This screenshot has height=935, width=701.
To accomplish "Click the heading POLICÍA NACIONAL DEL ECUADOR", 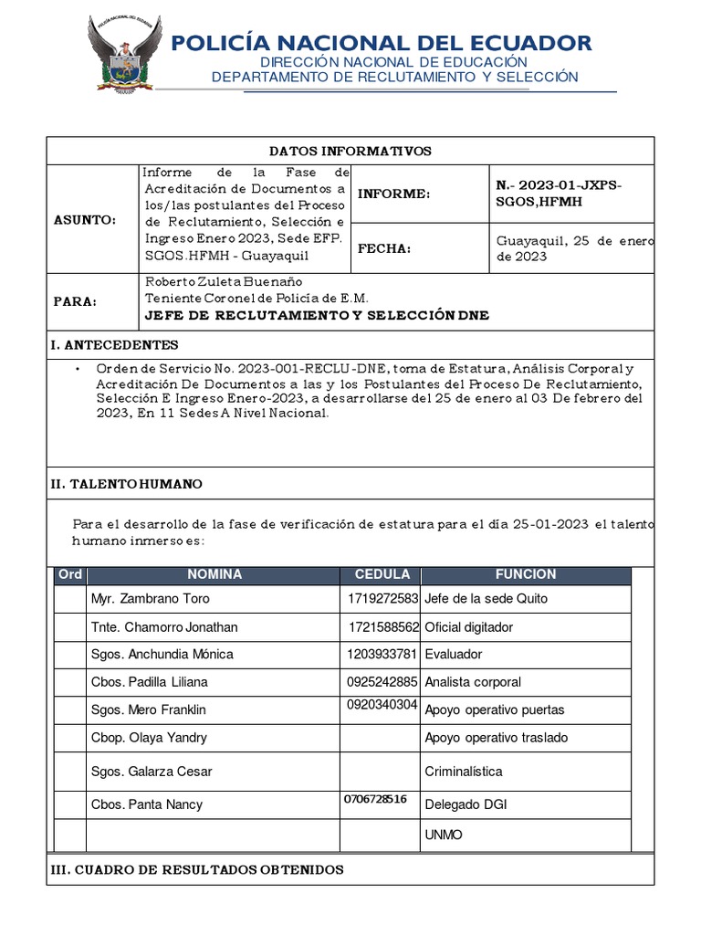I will [382, 42].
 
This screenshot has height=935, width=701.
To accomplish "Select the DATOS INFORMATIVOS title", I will [350, 151].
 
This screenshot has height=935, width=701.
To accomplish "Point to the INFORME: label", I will [392, 194].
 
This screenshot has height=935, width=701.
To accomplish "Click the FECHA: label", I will [384, 248].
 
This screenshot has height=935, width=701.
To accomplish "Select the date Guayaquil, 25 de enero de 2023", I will [573, 248].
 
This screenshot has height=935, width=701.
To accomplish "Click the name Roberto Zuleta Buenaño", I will [224, 281].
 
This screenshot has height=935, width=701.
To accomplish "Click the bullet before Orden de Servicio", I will [78, 368].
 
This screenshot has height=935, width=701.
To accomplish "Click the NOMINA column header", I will [214, 574].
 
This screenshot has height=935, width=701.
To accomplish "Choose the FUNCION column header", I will [525, 574].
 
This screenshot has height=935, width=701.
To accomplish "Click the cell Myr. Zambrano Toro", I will [150, 599].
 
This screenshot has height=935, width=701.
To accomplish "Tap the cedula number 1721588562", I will [383, 627].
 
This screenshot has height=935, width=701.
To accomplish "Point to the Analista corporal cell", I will [473, 682].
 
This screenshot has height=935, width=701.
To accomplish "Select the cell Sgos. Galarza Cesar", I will [152, 772].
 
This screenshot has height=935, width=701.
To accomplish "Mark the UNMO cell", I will [444, 835].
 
